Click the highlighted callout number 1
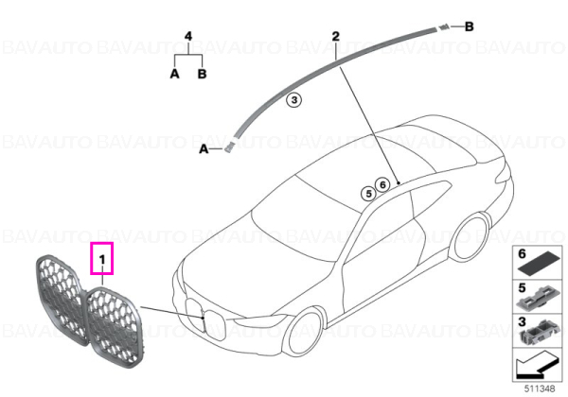102,259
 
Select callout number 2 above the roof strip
336,36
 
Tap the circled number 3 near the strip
294,100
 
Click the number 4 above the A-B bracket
188,36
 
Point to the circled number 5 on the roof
368,194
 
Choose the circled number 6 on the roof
382,184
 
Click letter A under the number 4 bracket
174,74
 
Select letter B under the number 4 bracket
202,74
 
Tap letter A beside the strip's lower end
204,148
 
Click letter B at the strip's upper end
469,26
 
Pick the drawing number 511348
540,388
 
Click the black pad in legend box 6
539,265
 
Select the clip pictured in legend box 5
538,299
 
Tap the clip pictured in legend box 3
539,332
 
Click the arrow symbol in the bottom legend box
536,366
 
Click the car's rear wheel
472,237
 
